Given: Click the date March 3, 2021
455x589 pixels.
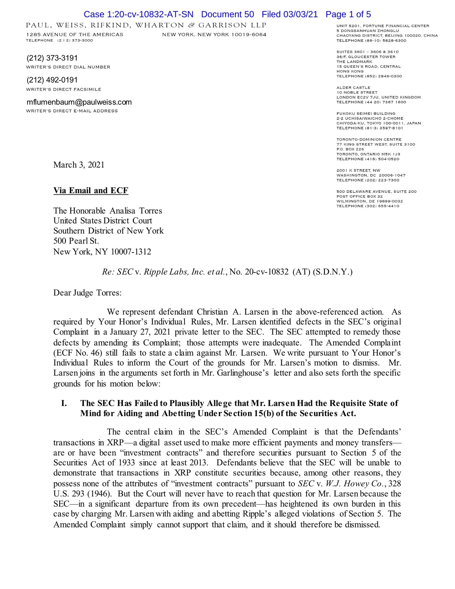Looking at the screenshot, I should (79, 165).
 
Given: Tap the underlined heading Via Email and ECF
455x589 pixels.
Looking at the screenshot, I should (91, 191).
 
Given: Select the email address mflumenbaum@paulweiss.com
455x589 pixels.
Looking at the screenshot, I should (79, 102).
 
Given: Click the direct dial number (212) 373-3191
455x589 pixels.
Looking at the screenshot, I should (52, 58).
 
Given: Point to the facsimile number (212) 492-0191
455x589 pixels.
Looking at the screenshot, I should (52, 80).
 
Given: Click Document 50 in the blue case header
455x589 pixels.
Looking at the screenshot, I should (227, 14).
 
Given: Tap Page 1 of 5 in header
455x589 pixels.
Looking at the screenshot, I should (348, 14).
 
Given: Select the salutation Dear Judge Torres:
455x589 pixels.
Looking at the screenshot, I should (87, 293).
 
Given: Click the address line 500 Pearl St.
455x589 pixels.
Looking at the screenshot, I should (76, 241).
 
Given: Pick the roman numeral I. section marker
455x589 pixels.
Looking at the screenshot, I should (64, 403).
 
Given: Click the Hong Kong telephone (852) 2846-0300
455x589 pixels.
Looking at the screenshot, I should (369, 76).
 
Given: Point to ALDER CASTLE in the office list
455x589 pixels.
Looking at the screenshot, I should (353, 87).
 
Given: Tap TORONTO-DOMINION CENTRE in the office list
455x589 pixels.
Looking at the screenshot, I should (369, 139).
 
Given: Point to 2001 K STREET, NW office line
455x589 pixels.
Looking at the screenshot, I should (358, 171).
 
